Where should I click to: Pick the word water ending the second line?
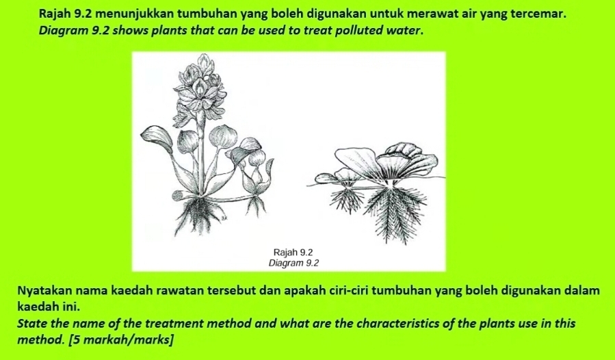click(x=406, y=32)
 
